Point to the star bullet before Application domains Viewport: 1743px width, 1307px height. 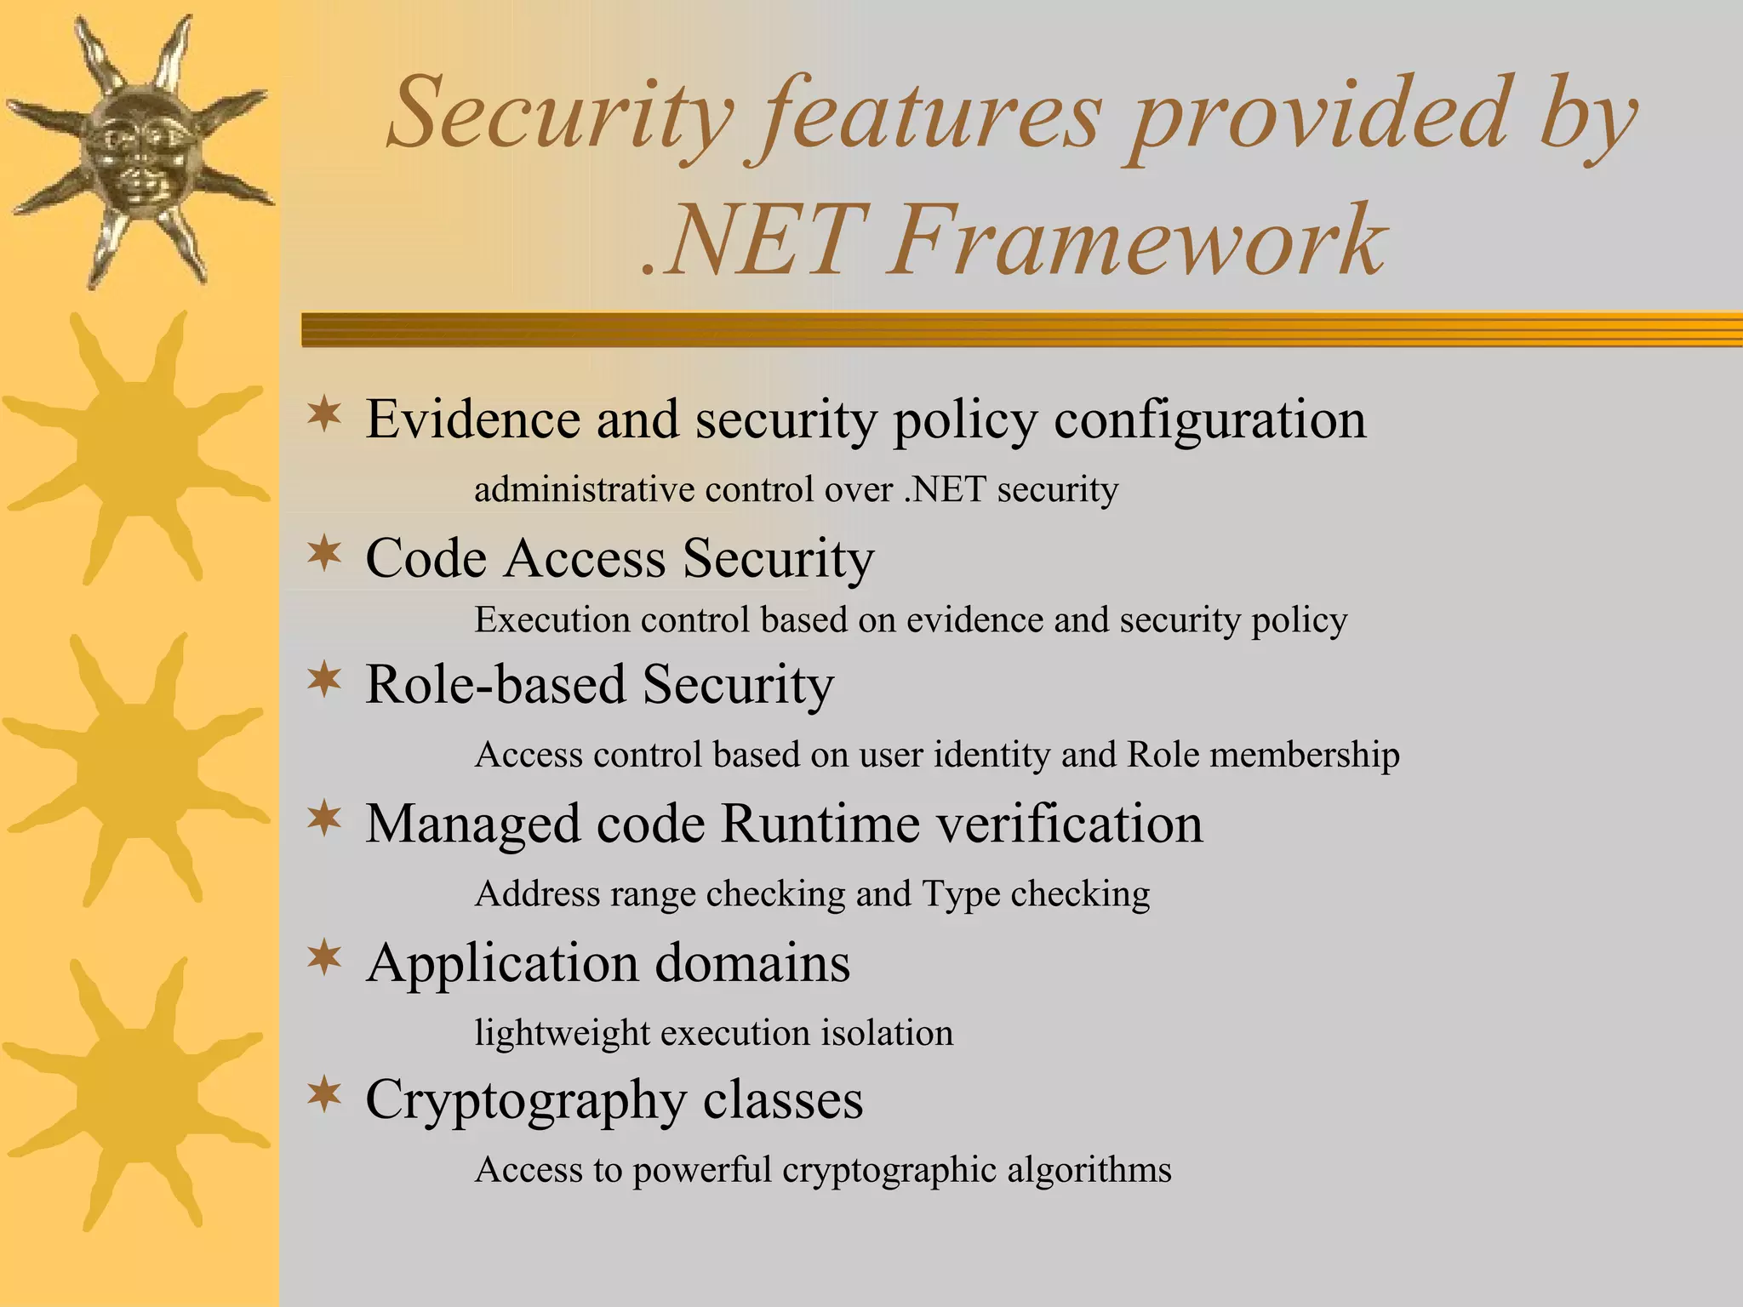[324, 959]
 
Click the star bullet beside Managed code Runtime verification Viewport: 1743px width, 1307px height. [324, 819]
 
